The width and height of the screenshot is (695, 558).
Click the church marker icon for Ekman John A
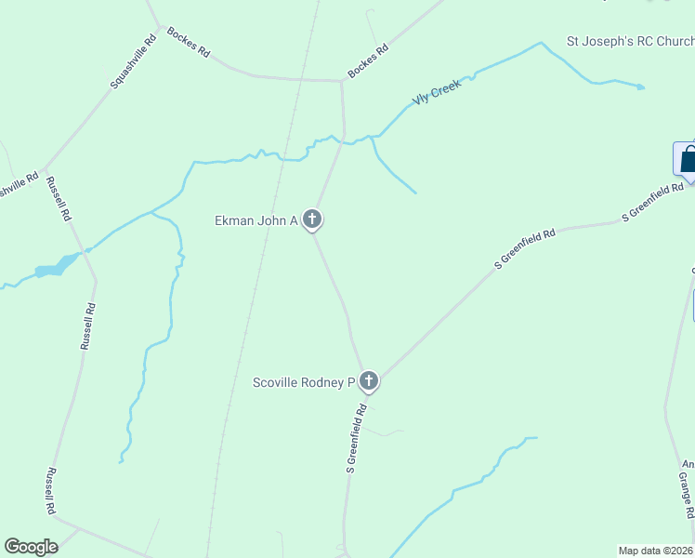(313, 219)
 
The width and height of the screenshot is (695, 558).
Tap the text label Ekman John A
(256, 220)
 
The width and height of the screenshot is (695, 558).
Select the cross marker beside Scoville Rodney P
(369, 380)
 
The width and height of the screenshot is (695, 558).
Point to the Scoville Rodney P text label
(305, 381)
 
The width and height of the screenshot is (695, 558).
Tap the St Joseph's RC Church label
(630, 42)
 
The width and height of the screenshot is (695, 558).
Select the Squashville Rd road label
(133, 61)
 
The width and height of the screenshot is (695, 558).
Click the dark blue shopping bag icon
(688, 158)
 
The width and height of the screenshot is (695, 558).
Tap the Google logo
(31, 547)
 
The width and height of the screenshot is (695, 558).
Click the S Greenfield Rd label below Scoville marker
(357, 438)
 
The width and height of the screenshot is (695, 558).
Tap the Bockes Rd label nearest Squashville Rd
(188, 42)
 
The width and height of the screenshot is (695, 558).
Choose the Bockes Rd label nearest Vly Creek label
(367, 61)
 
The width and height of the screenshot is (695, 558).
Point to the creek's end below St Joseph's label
(640, 87)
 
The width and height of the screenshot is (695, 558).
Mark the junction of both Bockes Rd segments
(341, 81)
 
